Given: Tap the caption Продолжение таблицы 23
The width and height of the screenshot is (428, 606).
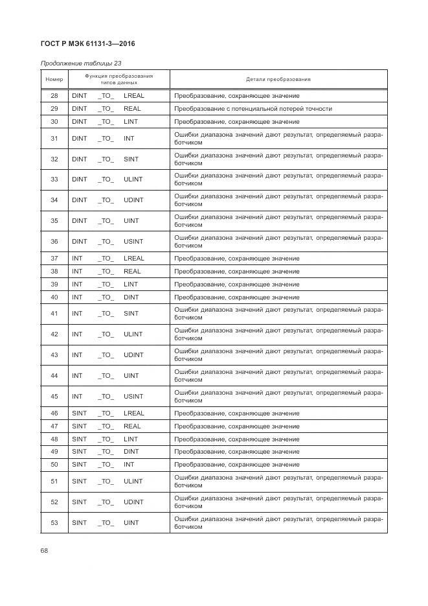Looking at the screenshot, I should pos(81,64).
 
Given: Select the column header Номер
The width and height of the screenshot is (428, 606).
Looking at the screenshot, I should pos(54,80).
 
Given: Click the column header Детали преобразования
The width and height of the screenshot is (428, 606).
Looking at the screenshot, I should pos(278,80).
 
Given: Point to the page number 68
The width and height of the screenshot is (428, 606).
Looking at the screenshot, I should pos(45,551).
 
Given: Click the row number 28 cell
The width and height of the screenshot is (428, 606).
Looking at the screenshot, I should pos(54,96).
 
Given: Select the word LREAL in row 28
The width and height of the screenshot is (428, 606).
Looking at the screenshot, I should pos(134,96).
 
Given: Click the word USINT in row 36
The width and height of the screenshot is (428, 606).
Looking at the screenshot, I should pos(133,242).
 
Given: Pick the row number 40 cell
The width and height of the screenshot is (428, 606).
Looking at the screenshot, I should pos(54,297).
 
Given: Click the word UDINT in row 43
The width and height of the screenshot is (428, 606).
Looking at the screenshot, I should pos(133,355).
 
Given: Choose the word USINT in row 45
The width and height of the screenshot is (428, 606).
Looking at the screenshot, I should pos(133,397).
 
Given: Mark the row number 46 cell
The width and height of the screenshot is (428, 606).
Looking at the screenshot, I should pos(54,414).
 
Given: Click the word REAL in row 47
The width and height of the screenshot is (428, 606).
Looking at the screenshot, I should pos(132,426).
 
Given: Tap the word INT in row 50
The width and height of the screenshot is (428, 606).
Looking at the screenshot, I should pos(129,465).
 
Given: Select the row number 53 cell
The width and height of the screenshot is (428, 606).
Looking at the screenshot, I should pos(54,523).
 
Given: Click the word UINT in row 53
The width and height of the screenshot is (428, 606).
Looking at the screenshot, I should pos(131,523).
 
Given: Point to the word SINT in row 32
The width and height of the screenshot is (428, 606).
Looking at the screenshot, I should pos(131,159).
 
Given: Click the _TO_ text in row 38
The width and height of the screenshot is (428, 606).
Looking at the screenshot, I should pos(106,272).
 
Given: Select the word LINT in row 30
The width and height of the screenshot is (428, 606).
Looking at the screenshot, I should pos(131,122).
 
